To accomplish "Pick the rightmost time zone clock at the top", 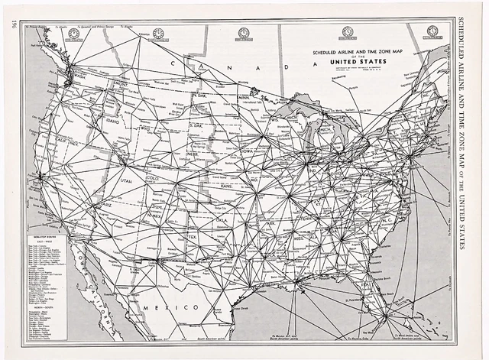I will [x=432, y=31].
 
